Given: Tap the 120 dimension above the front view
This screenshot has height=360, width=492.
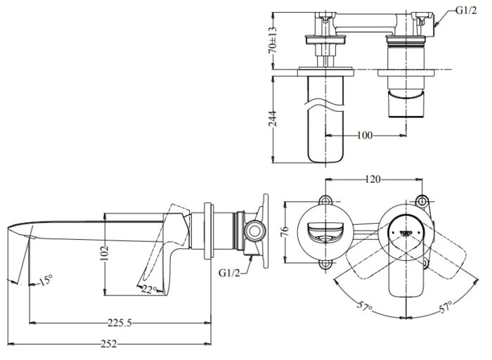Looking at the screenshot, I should tap(373, 180).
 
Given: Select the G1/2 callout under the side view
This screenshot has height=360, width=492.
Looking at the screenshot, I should tap(230, 271).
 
